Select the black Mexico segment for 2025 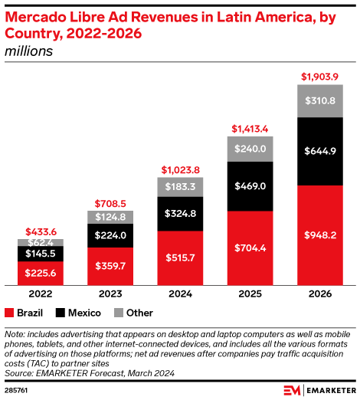point(249,186)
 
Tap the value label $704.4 point(249,248)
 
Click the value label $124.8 point(109,217)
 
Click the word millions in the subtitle point(28,52)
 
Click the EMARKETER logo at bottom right point(318,390)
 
